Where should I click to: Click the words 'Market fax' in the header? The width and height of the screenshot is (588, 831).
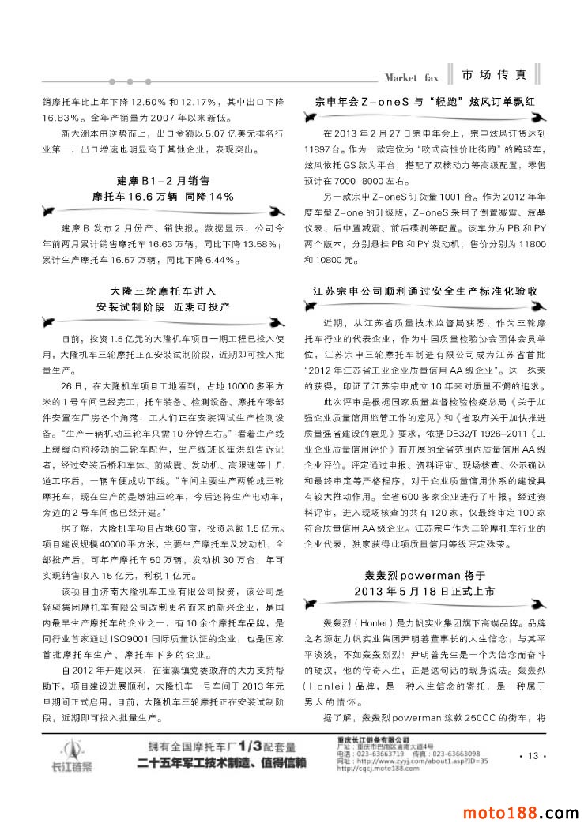click(410, 77)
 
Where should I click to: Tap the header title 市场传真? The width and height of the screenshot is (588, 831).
click(495, 75)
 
